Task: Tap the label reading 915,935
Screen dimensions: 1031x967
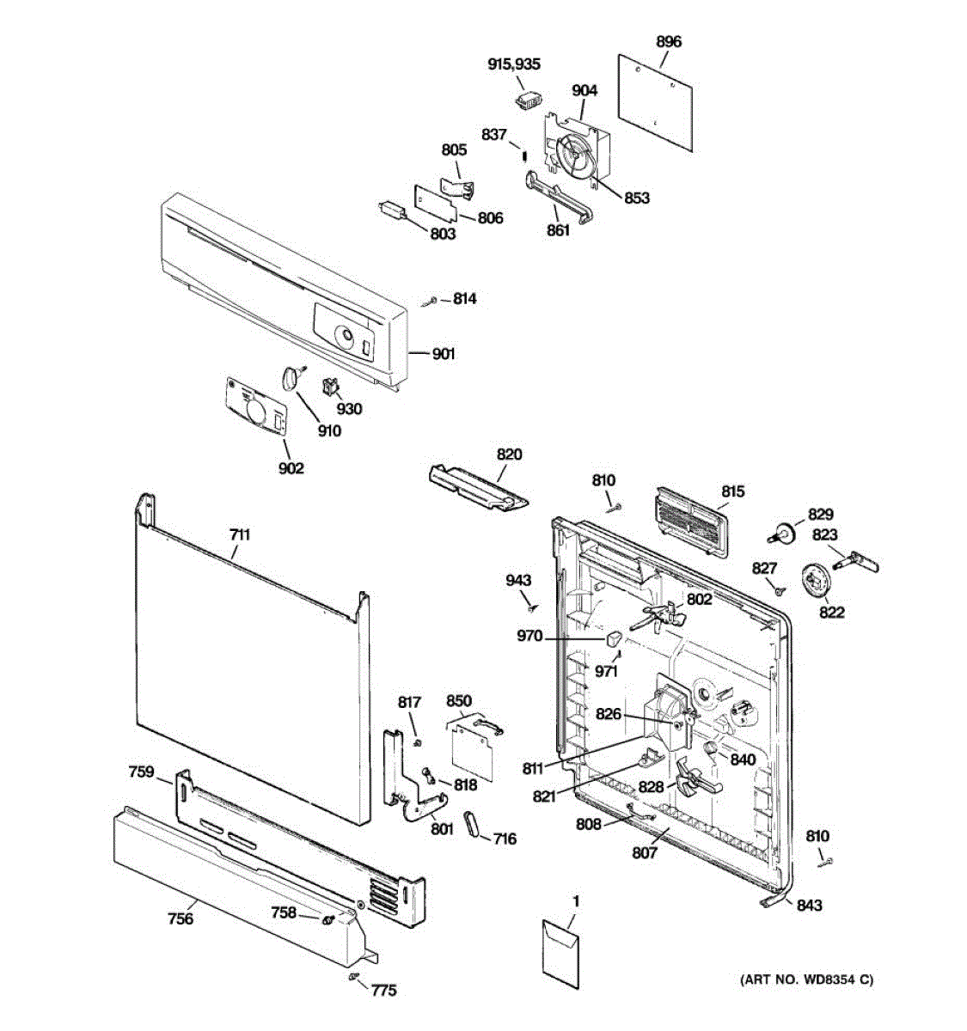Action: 514,64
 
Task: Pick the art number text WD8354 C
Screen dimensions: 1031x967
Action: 806,979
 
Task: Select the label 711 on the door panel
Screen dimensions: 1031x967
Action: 240,534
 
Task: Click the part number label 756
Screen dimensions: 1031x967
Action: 181,919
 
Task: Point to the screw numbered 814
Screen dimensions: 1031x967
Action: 430,301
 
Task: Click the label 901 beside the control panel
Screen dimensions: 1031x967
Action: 444,354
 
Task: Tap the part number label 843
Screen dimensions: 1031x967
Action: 809,905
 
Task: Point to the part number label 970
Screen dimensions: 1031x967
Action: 529,636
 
